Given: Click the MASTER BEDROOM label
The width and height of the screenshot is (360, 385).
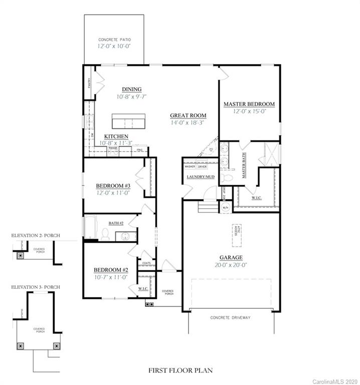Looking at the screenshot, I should [249, 104].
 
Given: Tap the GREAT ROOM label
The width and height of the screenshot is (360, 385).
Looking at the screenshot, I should [188, 115].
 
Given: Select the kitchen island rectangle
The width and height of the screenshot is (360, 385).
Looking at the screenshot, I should [128, 121].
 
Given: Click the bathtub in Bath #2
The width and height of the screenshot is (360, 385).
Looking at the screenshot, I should [90, 228].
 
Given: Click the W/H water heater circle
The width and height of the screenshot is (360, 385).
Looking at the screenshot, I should [225, 208].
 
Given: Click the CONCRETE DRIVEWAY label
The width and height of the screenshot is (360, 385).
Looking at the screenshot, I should [231, 318].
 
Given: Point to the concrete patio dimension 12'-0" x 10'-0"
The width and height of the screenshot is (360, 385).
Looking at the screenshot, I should [114, 46].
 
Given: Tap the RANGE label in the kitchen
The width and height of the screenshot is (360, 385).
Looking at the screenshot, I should [113, 148].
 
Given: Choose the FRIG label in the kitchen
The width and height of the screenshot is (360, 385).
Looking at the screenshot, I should [139, 149].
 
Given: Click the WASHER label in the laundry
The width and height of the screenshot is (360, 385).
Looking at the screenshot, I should [190, 166].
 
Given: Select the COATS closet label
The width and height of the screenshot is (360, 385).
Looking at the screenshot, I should [146, 263].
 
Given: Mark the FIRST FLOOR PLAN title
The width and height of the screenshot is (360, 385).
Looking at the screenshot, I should [180, 370].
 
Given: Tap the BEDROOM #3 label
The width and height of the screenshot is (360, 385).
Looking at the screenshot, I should [113, 185].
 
